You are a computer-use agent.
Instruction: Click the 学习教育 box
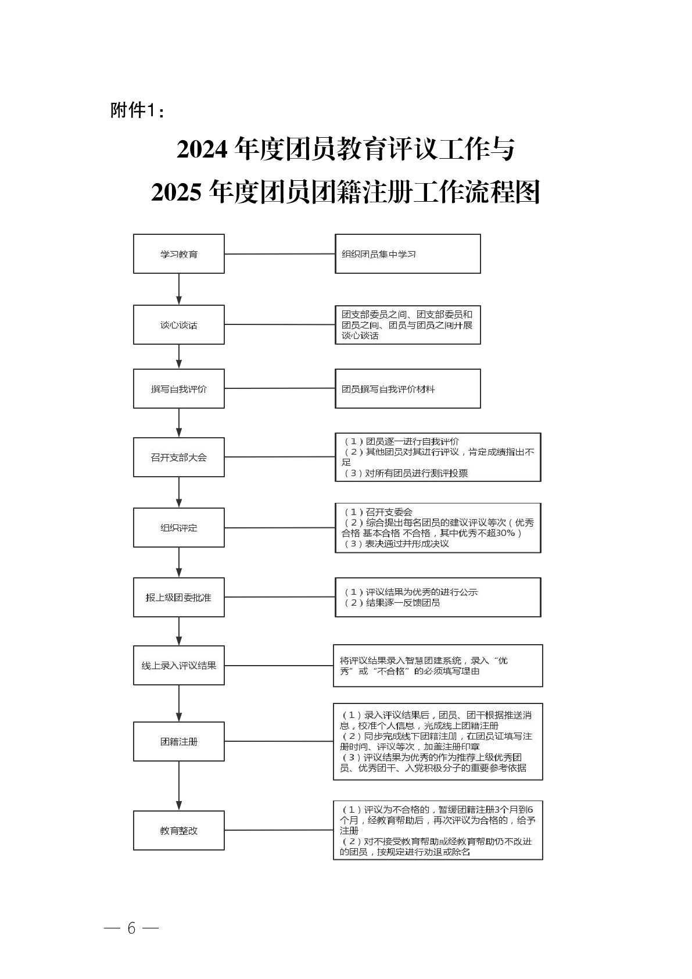[178, 254]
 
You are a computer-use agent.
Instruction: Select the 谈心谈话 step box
[178, 325]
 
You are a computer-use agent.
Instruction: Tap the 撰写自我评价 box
[178, 389]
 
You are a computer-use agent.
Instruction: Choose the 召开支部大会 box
[178, 458]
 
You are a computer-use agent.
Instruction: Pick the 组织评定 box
[178, 528]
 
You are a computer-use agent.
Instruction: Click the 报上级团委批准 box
[178, 598]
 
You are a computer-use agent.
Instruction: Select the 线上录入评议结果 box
[178, 666]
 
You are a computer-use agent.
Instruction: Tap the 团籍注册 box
[178, 742]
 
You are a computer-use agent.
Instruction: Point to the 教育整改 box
[178, 831]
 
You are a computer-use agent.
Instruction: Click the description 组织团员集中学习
[379, 254]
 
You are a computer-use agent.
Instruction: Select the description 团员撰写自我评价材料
[388, 389]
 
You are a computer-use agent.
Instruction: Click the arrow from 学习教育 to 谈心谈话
[179, 289]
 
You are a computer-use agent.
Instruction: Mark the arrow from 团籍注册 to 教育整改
[179, 785]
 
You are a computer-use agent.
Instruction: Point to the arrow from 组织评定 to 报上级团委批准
[179, 562]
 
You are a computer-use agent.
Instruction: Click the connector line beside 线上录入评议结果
[278, 666]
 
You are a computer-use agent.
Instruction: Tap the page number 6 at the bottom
[131, 928]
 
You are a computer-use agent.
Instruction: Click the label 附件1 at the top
[134, 110]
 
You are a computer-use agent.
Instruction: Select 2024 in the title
[202, 150]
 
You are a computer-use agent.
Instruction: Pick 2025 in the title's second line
[176, 192]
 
